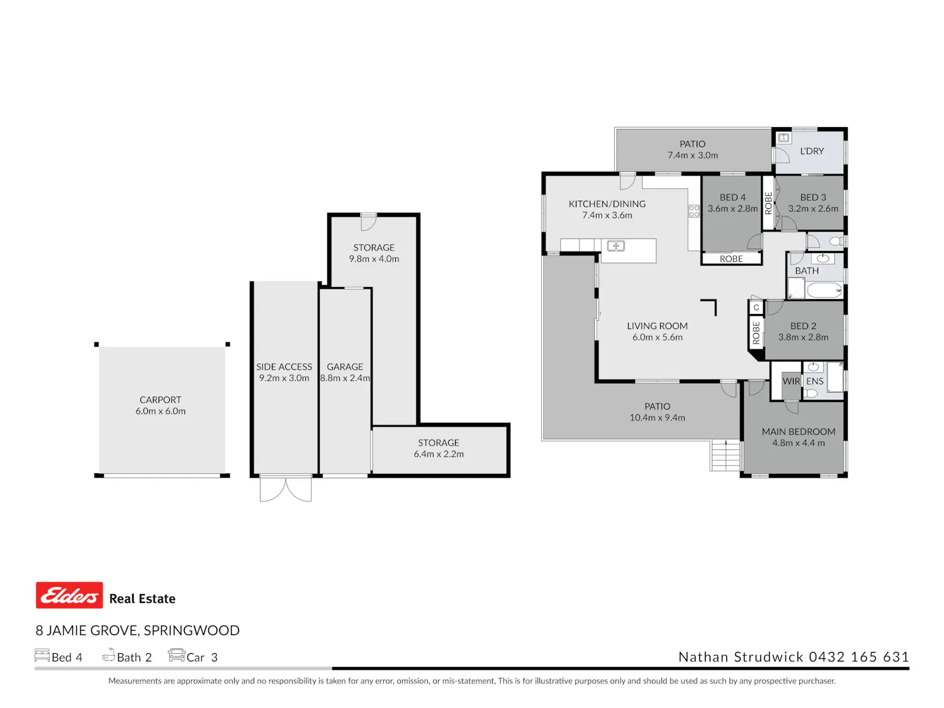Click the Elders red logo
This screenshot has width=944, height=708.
pos(69,595)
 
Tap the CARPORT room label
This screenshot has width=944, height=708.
pos(160,400)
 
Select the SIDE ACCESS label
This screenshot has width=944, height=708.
pos(284,367)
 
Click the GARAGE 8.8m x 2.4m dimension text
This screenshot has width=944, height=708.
pos(345,378)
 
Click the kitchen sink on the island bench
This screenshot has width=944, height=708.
pos(616,246)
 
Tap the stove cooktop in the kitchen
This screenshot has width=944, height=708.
pos(694,211)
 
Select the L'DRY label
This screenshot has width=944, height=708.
pos(812,151)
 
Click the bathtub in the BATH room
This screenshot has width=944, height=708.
pos(824,289)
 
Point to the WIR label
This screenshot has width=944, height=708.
pos(791,381)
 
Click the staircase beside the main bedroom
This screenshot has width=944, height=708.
pos(726,455)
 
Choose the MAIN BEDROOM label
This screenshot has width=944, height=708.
pos(799,432)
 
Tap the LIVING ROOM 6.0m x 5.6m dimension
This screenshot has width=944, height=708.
pos(657,337)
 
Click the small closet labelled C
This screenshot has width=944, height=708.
pos(756,308)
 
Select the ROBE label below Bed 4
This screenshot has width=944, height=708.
pos(731,259)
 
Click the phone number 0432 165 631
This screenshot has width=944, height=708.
pos(859,657)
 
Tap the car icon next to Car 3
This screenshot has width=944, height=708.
pos(176,655)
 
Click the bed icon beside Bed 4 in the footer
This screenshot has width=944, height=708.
pos(42,655)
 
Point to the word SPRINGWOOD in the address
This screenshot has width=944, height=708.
pos(191,630)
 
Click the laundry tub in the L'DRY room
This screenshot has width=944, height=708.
pos(784,138)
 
